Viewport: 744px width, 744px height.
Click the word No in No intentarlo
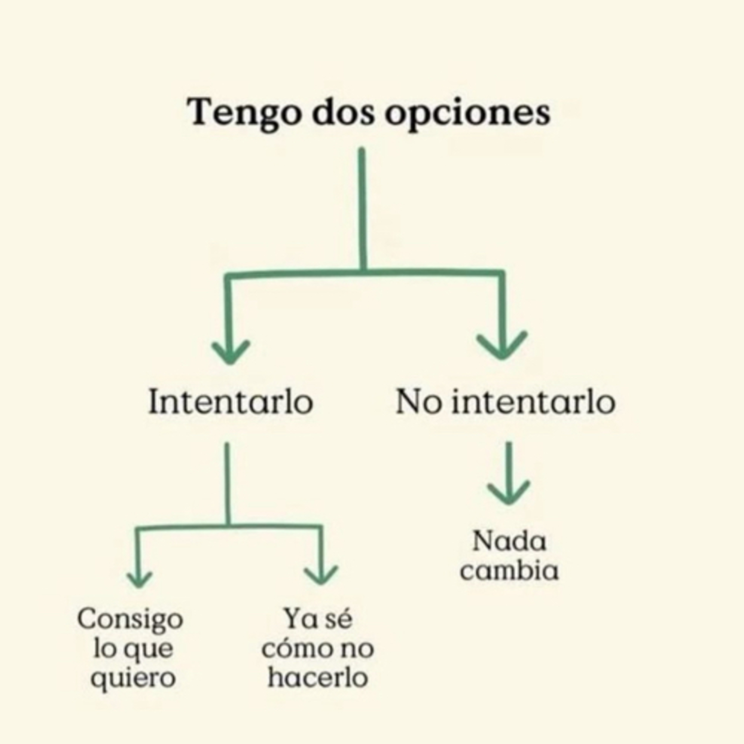pyautogui.click(x=419, y=402)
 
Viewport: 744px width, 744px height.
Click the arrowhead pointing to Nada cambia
pyautogui.click(x=509, y=492)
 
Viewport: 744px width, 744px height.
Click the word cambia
pyautogui.click(x=509, y=570)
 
